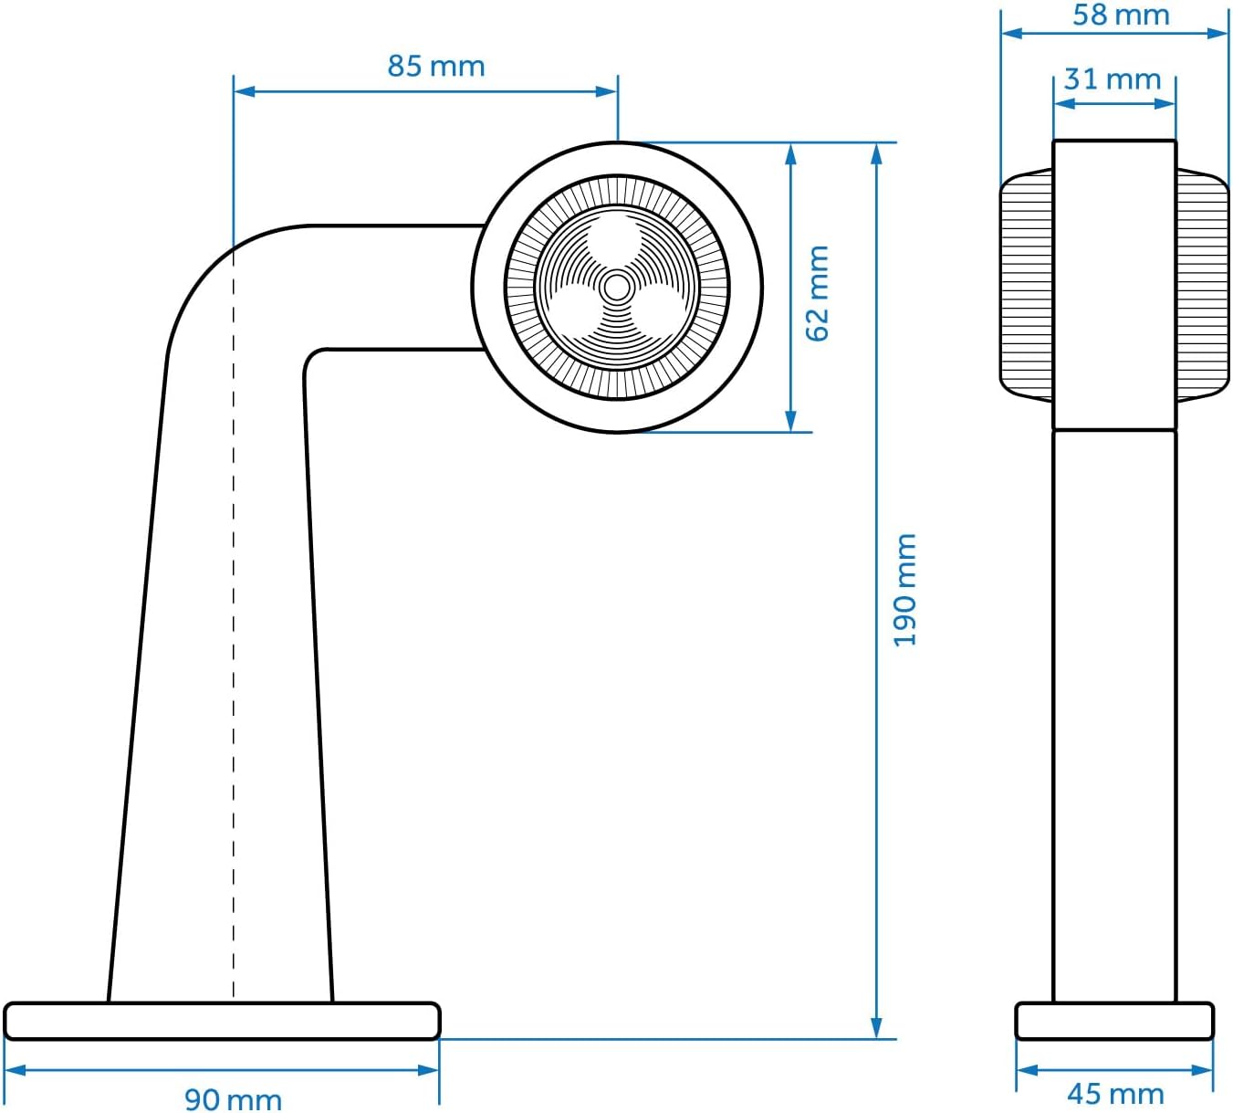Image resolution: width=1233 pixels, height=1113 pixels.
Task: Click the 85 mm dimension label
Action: [435, 66]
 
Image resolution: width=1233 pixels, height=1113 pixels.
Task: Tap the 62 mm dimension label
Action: [818, 293]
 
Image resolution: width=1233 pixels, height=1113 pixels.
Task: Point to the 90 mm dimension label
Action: [233, 1099]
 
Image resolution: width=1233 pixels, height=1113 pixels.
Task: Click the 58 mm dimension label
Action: [1121, 15]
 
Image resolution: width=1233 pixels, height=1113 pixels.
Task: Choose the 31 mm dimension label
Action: [1113, 79]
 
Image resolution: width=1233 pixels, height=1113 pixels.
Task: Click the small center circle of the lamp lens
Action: [616, 288]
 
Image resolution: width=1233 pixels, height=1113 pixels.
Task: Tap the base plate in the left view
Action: [222, 1021]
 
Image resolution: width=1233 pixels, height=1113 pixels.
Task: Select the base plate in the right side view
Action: [1114, 1021]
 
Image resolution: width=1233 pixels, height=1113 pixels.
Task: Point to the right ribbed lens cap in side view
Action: [1203, 285]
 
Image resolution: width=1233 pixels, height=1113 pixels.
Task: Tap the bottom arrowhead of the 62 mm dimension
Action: [791, 421]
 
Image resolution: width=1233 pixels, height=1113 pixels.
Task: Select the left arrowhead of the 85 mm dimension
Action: [245, 91]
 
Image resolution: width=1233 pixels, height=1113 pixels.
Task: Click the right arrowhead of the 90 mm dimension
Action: [428, 1071]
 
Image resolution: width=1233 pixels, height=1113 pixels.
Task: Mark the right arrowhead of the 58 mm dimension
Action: [1217, 33]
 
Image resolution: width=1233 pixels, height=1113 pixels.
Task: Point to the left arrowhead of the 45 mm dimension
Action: [1028, 1071]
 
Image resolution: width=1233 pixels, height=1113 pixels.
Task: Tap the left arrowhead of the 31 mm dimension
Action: [1065, 103]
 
